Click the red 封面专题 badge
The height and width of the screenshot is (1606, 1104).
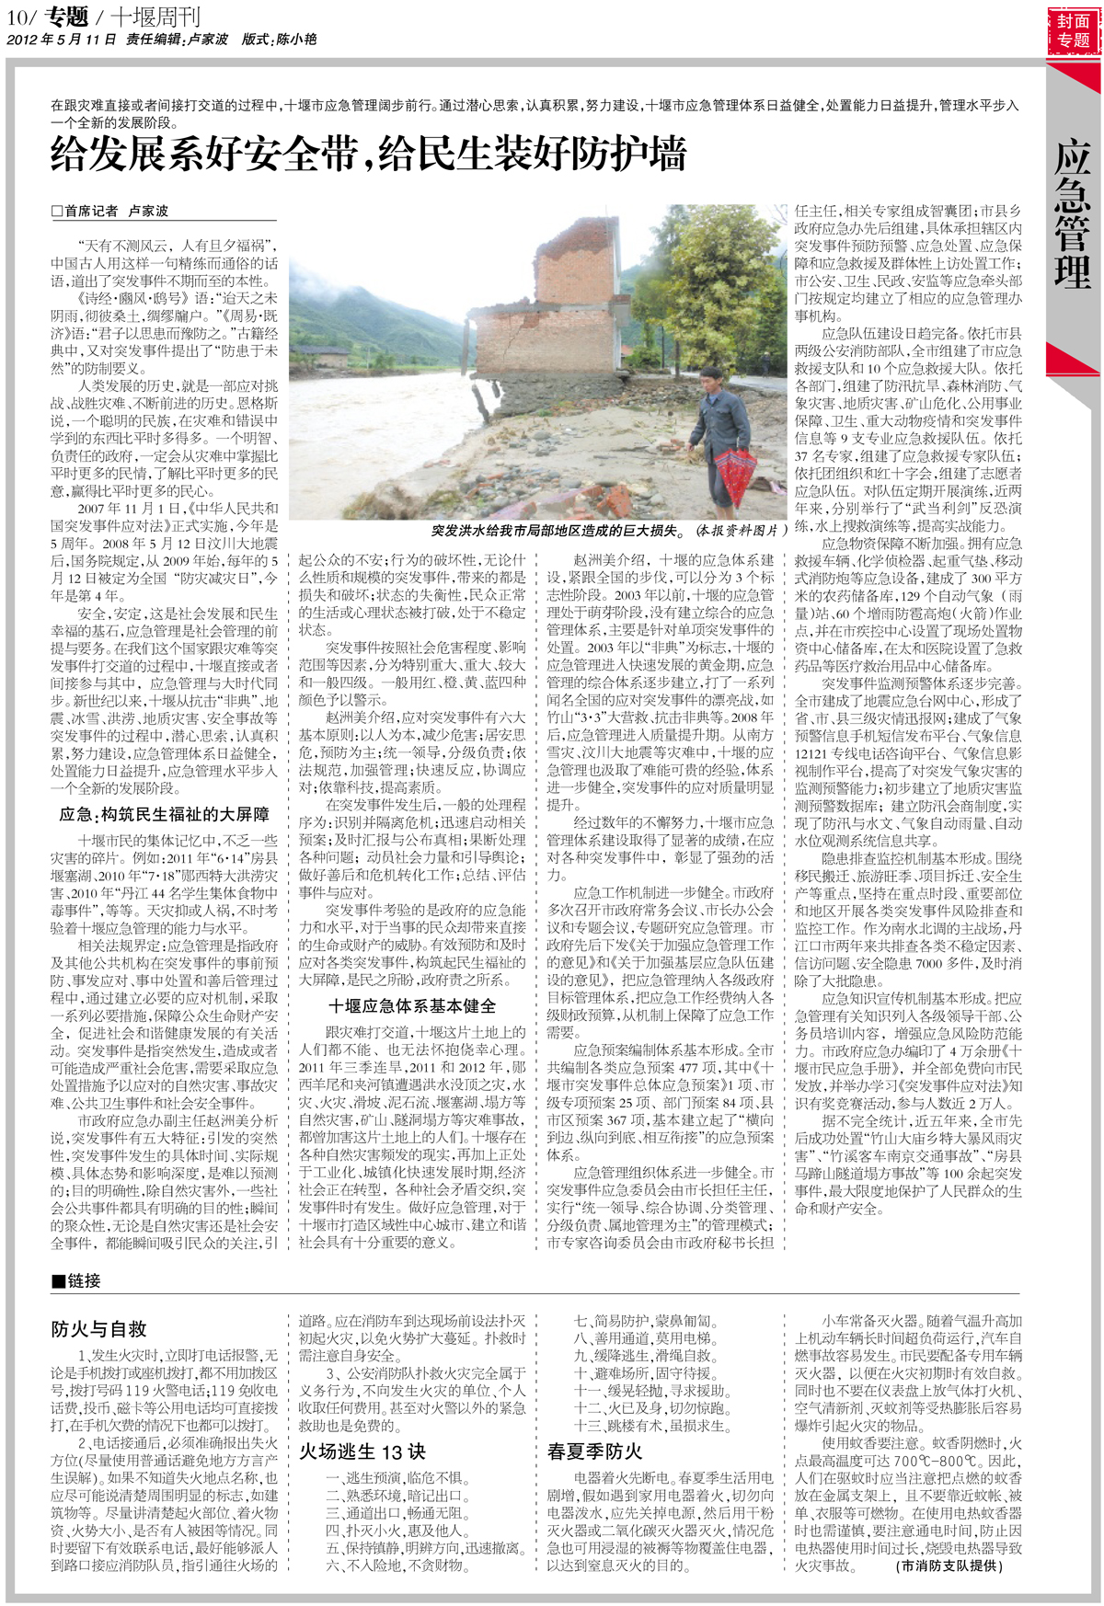click(1073, 31)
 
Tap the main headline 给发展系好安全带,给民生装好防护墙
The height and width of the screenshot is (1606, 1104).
click(368, 154)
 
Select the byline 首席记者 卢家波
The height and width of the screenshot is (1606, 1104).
click(110, 211)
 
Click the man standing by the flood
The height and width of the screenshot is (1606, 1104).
click(722, 432)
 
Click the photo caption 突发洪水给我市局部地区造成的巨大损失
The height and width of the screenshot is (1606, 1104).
click(558, 531)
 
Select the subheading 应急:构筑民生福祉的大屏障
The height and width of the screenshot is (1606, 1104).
click(165, 814)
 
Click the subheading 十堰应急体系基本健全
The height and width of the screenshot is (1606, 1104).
click(412, 1005)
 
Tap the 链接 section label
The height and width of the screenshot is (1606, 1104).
click(77, 1280)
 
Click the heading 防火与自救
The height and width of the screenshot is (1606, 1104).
click(98, 1329)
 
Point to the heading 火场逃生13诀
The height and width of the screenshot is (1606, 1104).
click(362, 1451)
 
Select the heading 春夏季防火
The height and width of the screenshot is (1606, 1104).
click(594, 1451)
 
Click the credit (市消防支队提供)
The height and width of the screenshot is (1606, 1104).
click(949, 1566)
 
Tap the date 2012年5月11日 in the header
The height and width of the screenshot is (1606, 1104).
click(62, 40)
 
